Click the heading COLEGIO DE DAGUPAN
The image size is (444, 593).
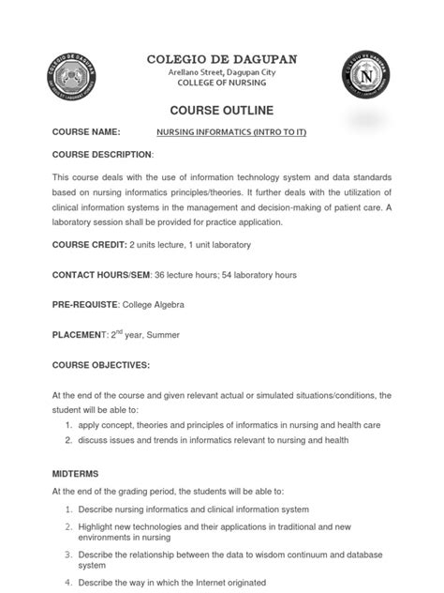[x=222, y=59]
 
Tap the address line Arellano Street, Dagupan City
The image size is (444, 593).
[x=222, y=72]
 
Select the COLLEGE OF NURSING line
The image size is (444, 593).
[x=222, y=84]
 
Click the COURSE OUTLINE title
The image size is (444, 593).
[x=222, y=108]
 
